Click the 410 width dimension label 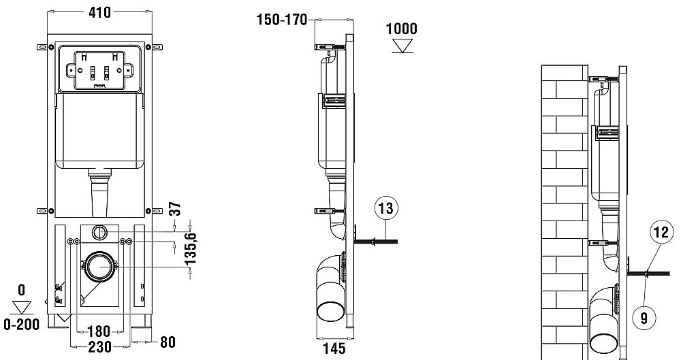(x=99, y=13)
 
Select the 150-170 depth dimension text (x=282, y=20)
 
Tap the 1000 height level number (x=402, y=29)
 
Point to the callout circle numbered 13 (x=385, y=208)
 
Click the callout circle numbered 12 (x=661, y=232)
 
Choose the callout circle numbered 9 (x=644, y=317)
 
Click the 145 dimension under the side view (x=334, y=348)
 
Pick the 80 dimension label (x=168, y=342)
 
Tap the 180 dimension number (x=99, y=331)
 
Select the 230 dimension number (x=99, y=346)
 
